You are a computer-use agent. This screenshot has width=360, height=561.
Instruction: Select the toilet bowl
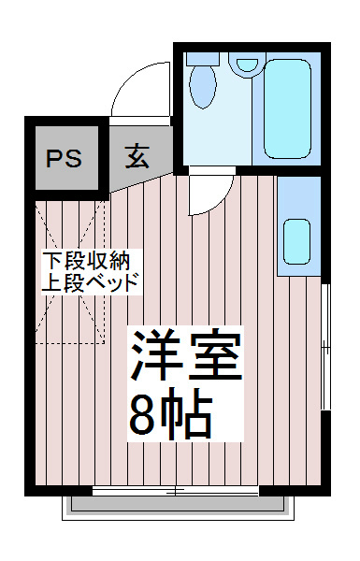pos(203,86)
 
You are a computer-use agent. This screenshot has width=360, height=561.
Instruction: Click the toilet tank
pos(201,57)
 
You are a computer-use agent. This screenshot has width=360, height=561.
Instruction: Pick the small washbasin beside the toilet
pos(246,66)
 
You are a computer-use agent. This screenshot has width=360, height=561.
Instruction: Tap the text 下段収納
pos(91,259)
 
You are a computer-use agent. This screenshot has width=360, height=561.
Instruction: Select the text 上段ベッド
pos(91,280)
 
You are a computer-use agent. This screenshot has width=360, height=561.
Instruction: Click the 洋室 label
pos(186,356)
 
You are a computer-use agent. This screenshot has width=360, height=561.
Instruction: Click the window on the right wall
pos(325,346)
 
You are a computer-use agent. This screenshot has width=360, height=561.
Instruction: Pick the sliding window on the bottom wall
pos(175,490)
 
